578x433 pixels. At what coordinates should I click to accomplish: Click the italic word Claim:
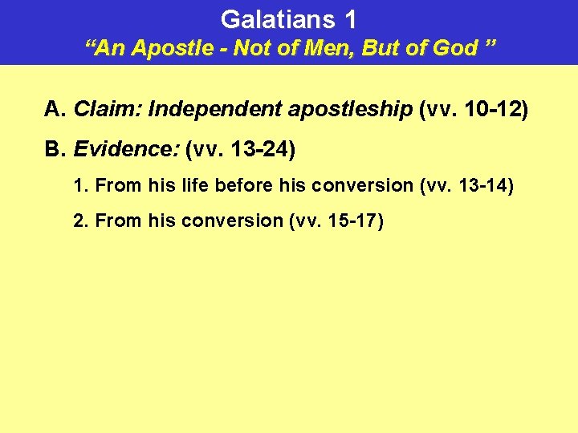pyautogui.click(x=100, y=110)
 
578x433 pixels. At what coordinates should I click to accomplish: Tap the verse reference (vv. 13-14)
pyautogui.click(x=466, y=185)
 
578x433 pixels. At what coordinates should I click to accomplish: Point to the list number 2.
pyautogui.click(x=79, y=221)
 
